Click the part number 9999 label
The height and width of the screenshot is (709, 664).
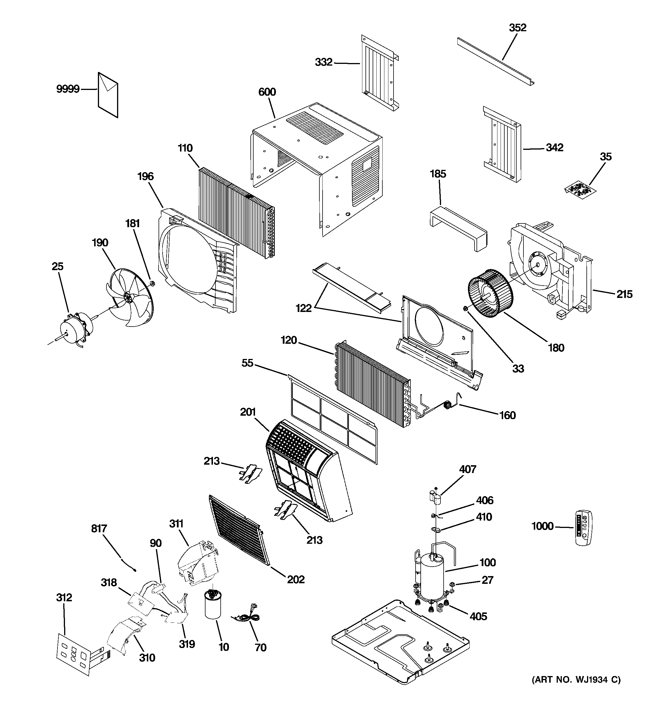(x=68, y=89)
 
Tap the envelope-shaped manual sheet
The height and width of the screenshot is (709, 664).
(x=108, y=95)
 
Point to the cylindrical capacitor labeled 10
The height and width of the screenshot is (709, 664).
(x=213, y=604)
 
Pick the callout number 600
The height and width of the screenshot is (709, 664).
(x=267, y=92)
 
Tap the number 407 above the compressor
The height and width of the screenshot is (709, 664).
(x=468, y=469)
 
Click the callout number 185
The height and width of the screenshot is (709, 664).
(x=438, y=174)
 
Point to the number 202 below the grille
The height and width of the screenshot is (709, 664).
(x=296, y=580)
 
